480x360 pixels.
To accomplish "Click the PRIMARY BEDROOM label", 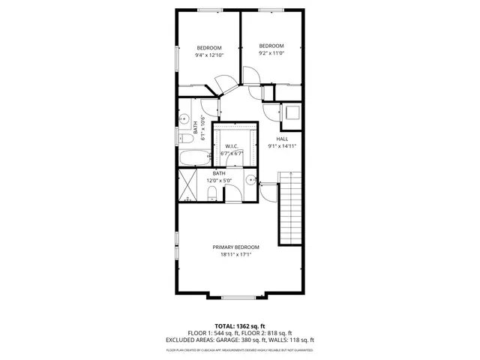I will [x=235, y=247].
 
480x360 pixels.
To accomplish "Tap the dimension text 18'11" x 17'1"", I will [x=235, y=255].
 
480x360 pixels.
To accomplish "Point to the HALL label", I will [x=282, y=139].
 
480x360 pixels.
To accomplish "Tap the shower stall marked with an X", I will [x=188, y=187].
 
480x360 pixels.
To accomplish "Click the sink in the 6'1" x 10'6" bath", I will [x=183, y=118].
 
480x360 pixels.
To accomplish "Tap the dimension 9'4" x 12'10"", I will [x=209, y=55].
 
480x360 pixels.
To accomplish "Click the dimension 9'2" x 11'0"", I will [x=271, y=52].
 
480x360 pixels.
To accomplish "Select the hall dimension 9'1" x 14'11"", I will [x=282, y=146].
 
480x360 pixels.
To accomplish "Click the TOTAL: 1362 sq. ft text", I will [x=239, y=326].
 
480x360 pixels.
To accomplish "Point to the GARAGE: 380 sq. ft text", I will [x=248, y=340].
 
